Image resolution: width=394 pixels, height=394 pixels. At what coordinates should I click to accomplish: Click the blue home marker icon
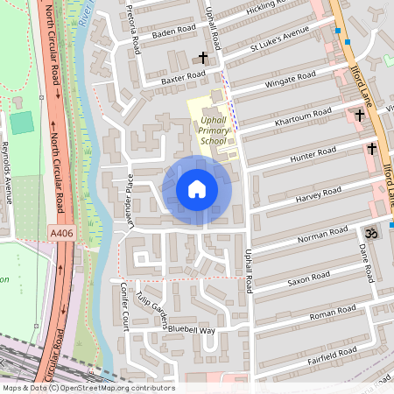[197, 189]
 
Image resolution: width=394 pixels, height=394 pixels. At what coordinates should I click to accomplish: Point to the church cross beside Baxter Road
[203, 59]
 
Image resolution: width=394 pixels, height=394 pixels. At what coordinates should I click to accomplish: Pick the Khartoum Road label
[303, 117]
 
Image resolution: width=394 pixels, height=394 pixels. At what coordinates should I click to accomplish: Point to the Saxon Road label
[309, 278]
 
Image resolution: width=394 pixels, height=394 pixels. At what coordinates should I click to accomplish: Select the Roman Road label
[334, 313]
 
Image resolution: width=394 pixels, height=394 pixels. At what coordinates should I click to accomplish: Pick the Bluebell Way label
[192, 330]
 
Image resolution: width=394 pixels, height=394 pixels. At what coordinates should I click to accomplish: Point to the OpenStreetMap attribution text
[88, 388]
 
